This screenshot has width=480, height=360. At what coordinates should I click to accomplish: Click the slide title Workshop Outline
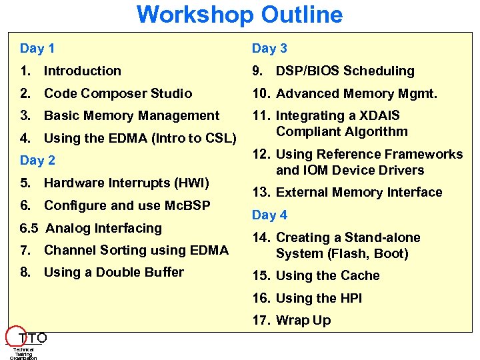[239, 15]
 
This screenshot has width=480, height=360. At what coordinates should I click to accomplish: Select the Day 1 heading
[37, 48]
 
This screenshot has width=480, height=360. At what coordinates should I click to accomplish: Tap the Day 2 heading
[37, 160]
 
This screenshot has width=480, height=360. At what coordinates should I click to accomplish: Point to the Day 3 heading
[269, 48]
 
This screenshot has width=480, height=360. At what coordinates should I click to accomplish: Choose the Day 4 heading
[269, 215]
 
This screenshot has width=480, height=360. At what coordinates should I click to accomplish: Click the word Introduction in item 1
[83, 71]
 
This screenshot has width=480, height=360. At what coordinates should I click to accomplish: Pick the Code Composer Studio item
[117, 93]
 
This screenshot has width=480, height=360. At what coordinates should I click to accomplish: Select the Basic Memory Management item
[131, 116]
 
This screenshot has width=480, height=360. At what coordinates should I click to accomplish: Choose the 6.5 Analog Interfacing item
[91, 228]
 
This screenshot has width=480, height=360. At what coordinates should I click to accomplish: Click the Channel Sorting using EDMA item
[136, 251]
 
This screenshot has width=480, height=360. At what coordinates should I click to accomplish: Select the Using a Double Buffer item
[113, 272]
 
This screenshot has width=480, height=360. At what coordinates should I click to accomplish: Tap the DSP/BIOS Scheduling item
[345, 71]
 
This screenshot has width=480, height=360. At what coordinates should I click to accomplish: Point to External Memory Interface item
[359, 192]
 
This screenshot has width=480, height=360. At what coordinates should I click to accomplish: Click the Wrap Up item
[303, 320]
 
